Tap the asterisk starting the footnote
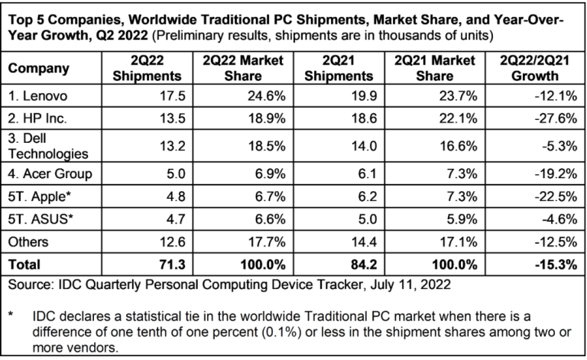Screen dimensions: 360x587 coord(11,314)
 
